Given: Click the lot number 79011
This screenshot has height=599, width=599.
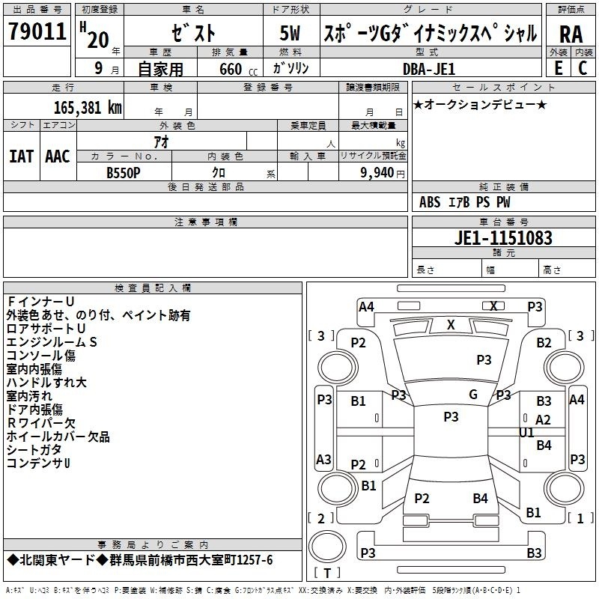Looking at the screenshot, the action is pos(37,31).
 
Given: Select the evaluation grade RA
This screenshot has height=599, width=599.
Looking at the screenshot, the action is pos(571,34).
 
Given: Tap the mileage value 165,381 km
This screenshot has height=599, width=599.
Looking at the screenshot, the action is pos(88,108).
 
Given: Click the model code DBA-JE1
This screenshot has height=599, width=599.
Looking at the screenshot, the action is pos(429,69).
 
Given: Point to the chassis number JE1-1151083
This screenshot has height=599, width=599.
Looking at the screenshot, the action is pos(503,238).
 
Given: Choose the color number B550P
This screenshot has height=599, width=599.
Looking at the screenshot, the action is pos(124,173).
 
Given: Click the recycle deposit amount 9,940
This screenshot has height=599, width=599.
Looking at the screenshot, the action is pos(377,173).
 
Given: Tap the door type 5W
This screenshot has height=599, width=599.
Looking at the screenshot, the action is pos(290,33).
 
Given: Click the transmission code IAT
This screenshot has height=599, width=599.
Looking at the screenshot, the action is pos(22,156).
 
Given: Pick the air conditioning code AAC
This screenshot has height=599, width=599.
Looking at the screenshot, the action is pos(58,156).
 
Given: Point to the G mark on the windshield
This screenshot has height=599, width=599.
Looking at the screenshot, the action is pos(473,394).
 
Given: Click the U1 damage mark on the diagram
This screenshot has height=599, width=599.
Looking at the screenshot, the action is pos(526,433).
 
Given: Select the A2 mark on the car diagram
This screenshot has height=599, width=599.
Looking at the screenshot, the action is pos(543,420).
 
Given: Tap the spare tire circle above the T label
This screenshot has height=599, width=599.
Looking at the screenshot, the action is pos(327,546).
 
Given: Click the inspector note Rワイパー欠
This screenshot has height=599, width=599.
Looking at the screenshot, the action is pos(41,423).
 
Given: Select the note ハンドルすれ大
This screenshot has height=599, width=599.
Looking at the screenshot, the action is pos(46,383).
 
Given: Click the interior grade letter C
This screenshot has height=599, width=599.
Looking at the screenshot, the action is pos(583,68).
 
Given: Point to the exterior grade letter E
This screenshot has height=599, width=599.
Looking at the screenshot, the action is pos(559,68).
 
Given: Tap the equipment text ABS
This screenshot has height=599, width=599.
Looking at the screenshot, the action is pos(430,202).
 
